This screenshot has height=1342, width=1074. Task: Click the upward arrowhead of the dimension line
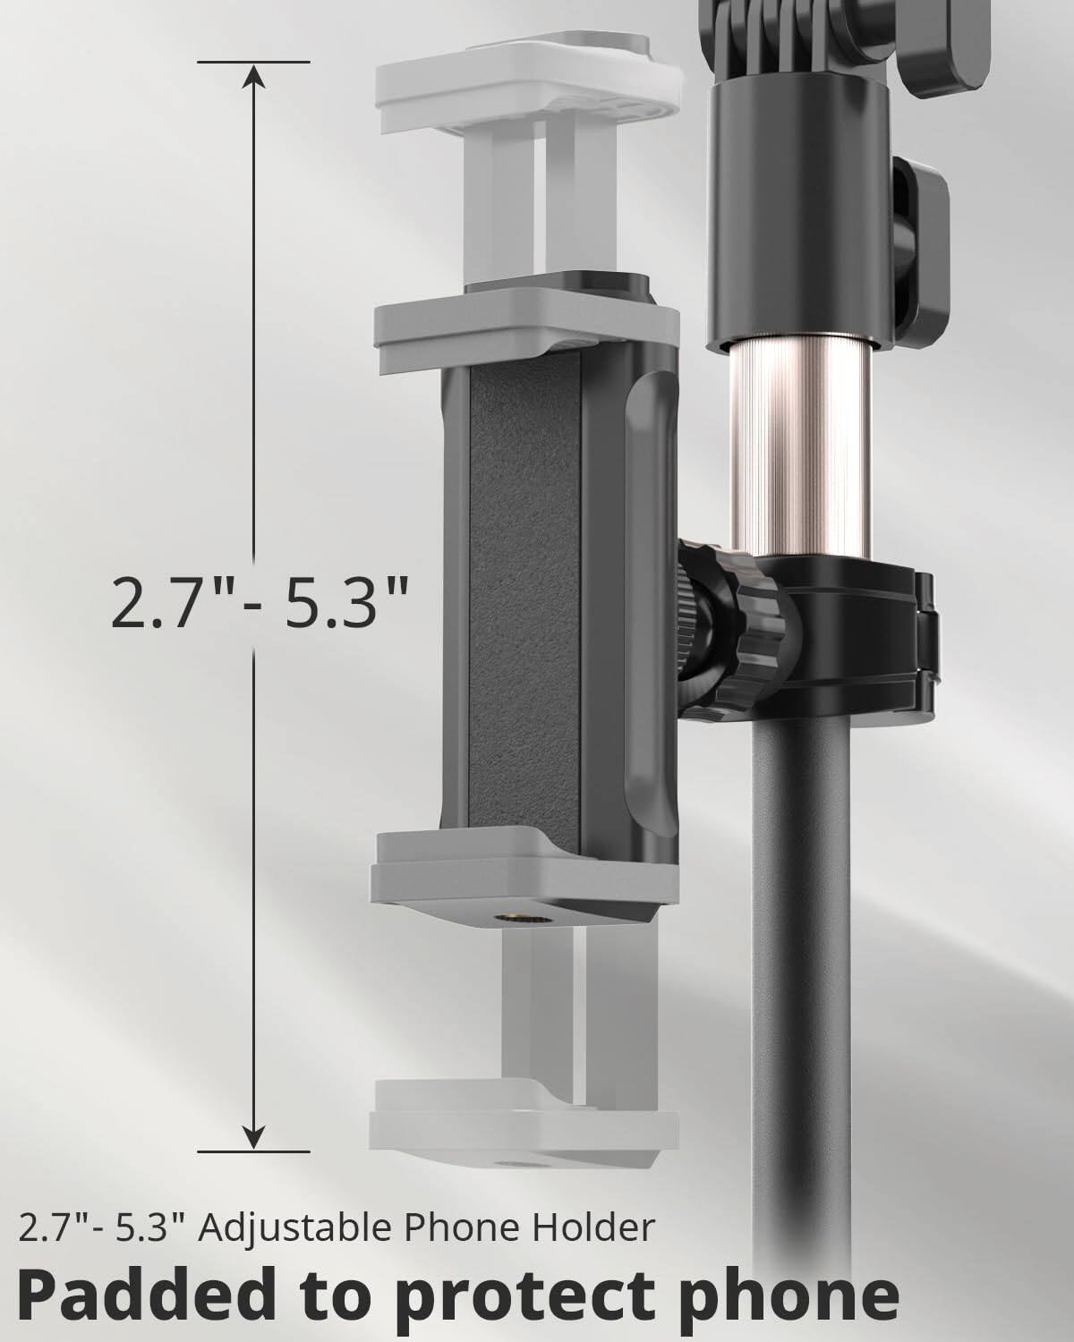point(255,79)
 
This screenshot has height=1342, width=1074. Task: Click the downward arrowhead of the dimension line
point(255,1134)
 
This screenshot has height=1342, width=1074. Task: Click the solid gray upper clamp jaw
point(526,335)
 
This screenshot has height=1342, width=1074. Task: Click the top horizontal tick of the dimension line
point(255,63)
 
